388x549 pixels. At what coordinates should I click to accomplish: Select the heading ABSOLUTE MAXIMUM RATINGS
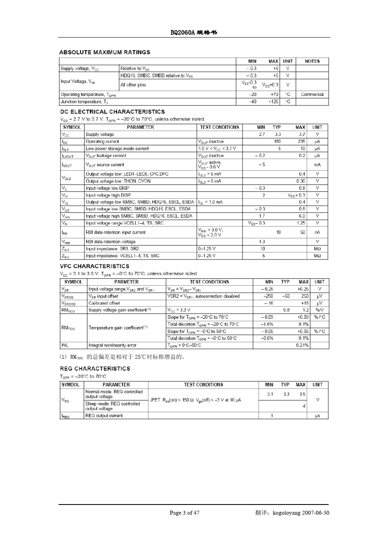click(x=105, y=52)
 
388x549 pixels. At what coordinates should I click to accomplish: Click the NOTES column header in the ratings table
click(x=312, y=61)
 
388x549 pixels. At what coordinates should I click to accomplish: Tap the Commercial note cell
click(x=312, y=94)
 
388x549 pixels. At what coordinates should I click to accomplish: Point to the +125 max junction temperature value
click(x=273, y=102)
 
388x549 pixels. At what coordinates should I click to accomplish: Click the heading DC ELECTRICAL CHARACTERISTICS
click(x=112, y=111)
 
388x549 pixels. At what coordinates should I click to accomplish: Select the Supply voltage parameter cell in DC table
click(x=100, y=134)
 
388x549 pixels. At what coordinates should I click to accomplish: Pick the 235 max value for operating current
click(x=301, y=141)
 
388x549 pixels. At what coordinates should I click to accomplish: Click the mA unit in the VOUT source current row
click(x=317, y=164)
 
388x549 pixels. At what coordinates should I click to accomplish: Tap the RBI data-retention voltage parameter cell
click(x=110, y=241)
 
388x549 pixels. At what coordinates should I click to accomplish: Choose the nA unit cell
click(x=317, y=232)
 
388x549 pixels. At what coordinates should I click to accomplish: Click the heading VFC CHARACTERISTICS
click(x=94, y=266)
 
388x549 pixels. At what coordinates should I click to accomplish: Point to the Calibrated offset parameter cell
click(x=104, y=303)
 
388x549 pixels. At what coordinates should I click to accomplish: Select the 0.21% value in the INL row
click(x=302, y=345)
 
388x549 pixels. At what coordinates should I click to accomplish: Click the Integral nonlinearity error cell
click(x=112, y=345)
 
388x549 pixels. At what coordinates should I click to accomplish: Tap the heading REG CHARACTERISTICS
click(x=95, y=369)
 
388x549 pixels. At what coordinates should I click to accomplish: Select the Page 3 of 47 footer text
click(x=185, y=513)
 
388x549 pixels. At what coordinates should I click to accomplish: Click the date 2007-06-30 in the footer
click(x=316, y=513)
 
